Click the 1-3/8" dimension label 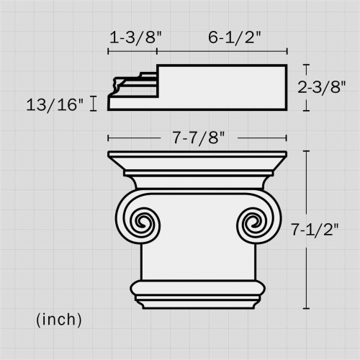[134, 38]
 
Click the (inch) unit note [58, 318]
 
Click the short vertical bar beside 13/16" [94, 104]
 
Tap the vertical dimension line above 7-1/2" [307, 180]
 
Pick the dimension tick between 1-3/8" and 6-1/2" [158, 51]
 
